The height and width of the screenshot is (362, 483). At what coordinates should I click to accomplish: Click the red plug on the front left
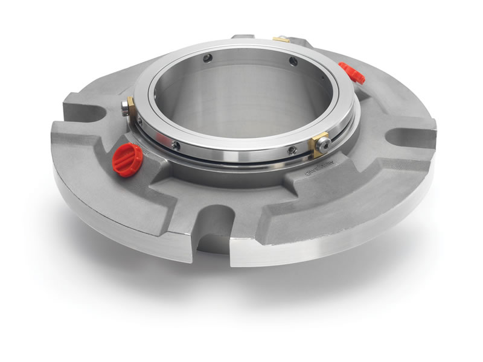pos(127,160)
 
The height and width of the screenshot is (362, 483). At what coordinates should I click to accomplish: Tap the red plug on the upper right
pos(352,72)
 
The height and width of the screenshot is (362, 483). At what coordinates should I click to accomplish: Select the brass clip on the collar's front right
pos(319,144)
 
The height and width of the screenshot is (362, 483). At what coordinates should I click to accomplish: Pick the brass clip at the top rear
pos(281,40)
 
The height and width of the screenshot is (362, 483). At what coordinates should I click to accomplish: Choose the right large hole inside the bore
pos(292,61)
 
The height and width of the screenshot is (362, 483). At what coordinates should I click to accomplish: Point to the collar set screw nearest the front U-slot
pos(176,145)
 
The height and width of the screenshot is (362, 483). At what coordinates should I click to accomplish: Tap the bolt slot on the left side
pos(85,112)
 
